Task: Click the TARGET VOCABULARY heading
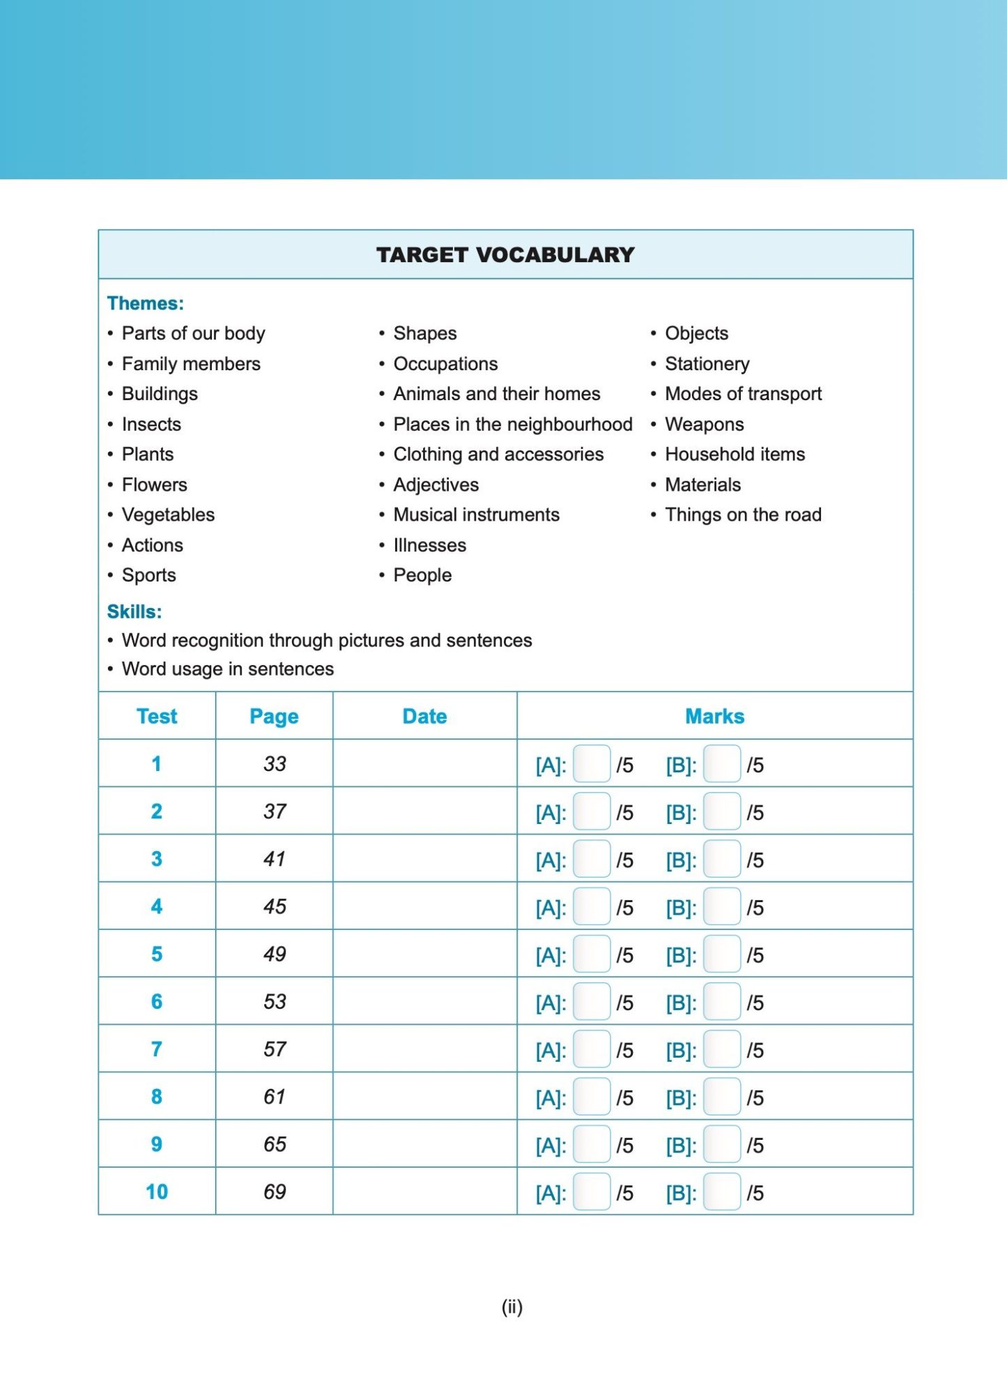[505, 254]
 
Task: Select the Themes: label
[146, 303]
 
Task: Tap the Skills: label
[134, 611]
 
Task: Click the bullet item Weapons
[704, 424]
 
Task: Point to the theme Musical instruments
[476, 515]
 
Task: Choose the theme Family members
[191, 364]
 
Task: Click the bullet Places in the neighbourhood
[512, 424]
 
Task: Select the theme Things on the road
[743, 515]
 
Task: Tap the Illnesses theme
[429, 545]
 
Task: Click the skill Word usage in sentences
[228, 669]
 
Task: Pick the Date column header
[424, 716]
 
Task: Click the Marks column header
[714, 716]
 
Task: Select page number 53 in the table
[275, 1001]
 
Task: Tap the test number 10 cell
[157, 1191]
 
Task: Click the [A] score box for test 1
[592, 764]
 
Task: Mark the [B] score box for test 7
[721, 1049]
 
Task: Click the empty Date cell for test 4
[424, 906]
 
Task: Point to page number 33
[275, 764]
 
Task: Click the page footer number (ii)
[512, 1306]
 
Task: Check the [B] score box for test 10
[721, 1192]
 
